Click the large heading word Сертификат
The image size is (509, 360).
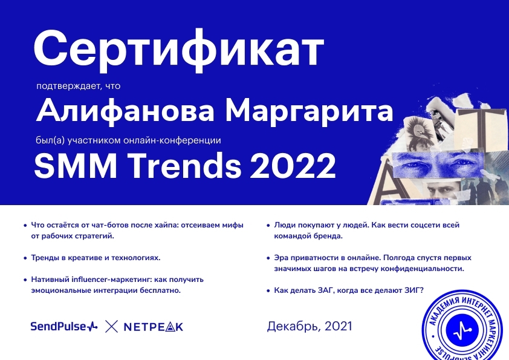[179, 50]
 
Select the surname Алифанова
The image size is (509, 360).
[125, 111]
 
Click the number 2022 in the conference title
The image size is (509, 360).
[293, 166]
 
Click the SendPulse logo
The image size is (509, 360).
[63, 326]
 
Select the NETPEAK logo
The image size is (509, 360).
[154, 327]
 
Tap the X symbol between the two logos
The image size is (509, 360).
[111, 327]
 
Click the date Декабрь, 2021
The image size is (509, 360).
[310, 326]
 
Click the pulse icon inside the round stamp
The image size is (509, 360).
[463, 331]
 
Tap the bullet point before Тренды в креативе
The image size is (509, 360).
[25, 258]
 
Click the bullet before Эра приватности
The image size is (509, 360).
[268, 258]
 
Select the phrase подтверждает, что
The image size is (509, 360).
[78, 86]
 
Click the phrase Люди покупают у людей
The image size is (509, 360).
[322, 225]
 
